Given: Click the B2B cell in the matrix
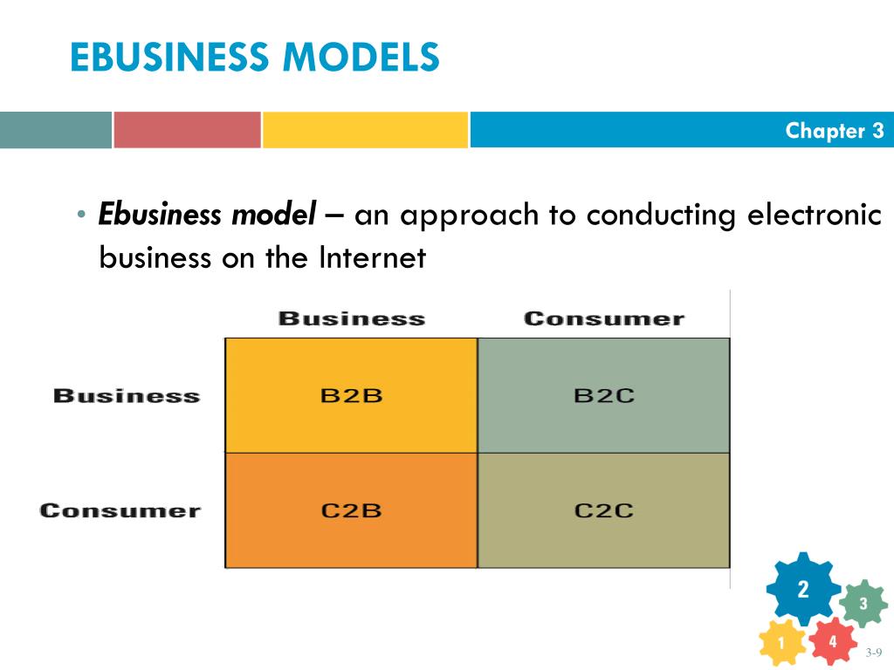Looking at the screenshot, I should coord(351,395).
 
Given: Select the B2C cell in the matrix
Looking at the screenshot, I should coord(603,395).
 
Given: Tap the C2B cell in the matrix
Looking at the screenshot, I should coord(351,510).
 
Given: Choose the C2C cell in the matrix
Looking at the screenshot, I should coord(603,510).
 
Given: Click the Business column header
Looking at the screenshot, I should coord(351,319).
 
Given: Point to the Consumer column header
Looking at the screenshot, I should coord(603,319).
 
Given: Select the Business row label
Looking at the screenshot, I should coord(127,396).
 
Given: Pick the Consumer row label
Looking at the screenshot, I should coord(120,510).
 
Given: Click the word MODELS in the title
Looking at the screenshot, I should coord(361,58).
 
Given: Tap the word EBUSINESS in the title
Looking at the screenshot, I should coord(170,58).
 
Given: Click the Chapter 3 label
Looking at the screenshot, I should coord(834,131).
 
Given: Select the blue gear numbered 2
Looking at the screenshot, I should coord(802,589).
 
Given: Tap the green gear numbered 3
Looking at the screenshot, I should coord(863,604).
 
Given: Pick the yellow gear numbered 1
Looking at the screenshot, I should coord(781,645).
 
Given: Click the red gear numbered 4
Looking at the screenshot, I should coord(832,641).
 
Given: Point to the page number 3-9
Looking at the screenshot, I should coord(874,653).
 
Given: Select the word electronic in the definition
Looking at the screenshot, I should coord(814,214).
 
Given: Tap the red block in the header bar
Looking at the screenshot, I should coord(187,130).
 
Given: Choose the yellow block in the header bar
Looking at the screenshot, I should coord(365,130).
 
